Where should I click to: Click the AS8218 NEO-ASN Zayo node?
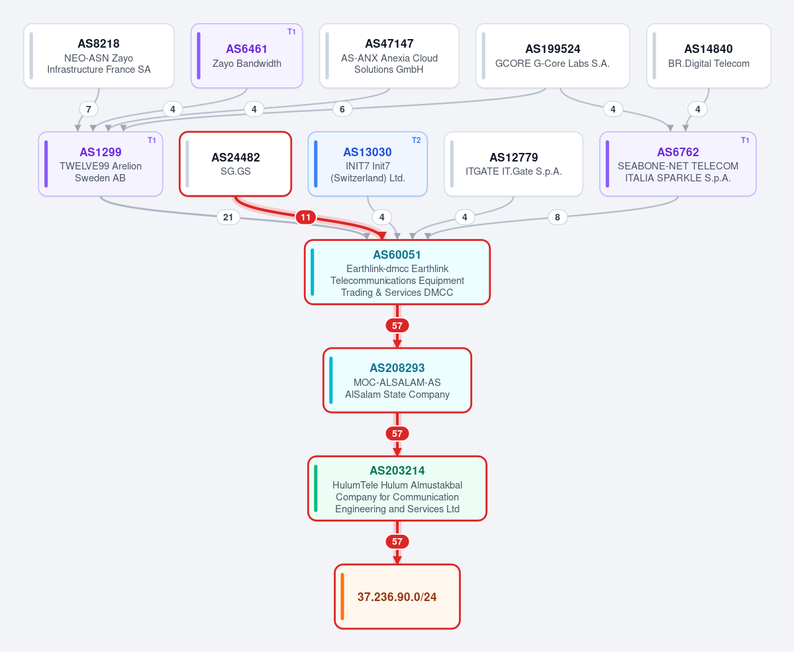pyautogui.click(x=99, y=56)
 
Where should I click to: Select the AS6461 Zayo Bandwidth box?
pyautogui.click(x=246, y=56)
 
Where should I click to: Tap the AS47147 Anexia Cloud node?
pyautogui.click(x=389, y=56)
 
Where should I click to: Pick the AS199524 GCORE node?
pyautogui.click(x=552, y=56)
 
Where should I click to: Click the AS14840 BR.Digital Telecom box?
pyautogui.click(x=709, y=56)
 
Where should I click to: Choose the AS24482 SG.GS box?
pyautogui.click(x=236, y=164)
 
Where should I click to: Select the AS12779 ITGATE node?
pyautogui.click(x=513, y=164)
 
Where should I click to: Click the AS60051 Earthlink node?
pyautogui.click(x=397, y=272)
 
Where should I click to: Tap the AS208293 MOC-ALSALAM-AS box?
pyautogui.click(x=397, y=380)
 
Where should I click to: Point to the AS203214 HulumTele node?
pyautogui.click(x=397, y=489)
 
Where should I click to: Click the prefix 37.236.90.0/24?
pyautogui.click(x=397, y=597)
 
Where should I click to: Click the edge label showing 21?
pyautogui.click(x=228, y=217)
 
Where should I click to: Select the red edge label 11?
pyautogui.click(x=306, y=217)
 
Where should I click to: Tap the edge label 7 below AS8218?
pyautogui.click(x=89, y=109)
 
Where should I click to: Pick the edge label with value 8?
pyautogui.click(x=558, y=217)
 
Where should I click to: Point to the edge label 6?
pyautogui.click(x=342, y=109)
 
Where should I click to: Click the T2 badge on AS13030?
pyautogui.click(x=417, y=140)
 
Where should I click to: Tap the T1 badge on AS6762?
pyautogui.click(x=745, y=140)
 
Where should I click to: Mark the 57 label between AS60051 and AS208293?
pyautogui.click(x=397, y=326)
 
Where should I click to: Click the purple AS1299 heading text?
pyautogui.click(x=101, y=152)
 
